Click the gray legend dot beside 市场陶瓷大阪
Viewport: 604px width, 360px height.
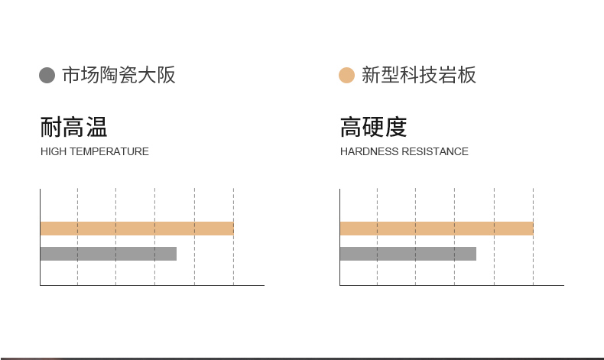(x=47, y=75)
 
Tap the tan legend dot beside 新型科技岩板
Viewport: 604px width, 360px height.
(x=346, y=75)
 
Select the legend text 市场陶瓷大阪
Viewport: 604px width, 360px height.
(x=119, y=75)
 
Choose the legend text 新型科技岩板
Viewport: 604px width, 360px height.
(x=418, y=75)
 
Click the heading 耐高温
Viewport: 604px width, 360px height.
(x=73, y=127)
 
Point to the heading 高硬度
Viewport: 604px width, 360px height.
(x=373, y=127)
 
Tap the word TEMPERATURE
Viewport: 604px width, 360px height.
(x=109, y=151)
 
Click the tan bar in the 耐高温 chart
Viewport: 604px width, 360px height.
(x=136, y=229)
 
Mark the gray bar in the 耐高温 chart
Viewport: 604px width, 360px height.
(x=108, y=254)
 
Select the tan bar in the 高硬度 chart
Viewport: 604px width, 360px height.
(x=436, y=229)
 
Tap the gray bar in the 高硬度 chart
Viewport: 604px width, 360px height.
(x=408, y=254)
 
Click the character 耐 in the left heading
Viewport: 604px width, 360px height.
(x=51, y=127)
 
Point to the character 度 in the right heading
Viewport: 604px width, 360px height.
(x=396, y=127)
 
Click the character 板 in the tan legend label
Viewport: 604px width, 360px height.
(x=466, y=75)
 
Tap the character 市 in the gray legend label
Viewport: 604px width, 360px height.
(x=70, y=75)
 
